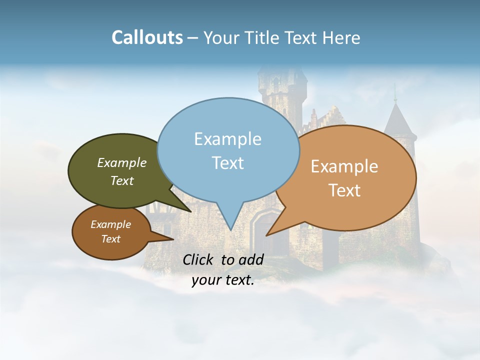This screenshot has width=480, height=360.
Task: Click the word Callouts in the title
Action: tap(147, 38)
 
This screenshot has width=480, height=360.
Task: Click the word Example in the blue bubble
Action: tap(227, 139)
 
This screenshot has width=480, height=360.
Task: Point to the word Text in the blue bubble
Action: tap(227, 163)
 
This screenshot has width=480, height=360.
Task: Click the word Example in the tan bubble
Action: tap(344, 166)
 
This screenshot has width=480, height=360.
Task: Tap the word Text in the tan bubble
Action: tap(344, 190)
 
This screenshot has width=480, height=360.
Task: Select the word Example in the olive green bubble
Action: tap(122, 163)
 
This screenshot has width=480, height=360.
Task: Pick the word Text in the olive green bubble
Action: tap(122, 181)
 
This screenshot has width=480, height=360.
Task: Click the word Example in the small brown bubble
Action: tap(110, 224)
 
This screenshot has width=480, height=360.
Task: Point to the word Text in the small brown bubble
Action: tap(110, 239)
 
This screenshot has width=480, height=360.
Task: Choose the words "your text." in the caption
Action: tap(223, 280)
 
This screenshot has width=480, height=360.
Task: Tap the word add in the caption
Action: tap(251, 259)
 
